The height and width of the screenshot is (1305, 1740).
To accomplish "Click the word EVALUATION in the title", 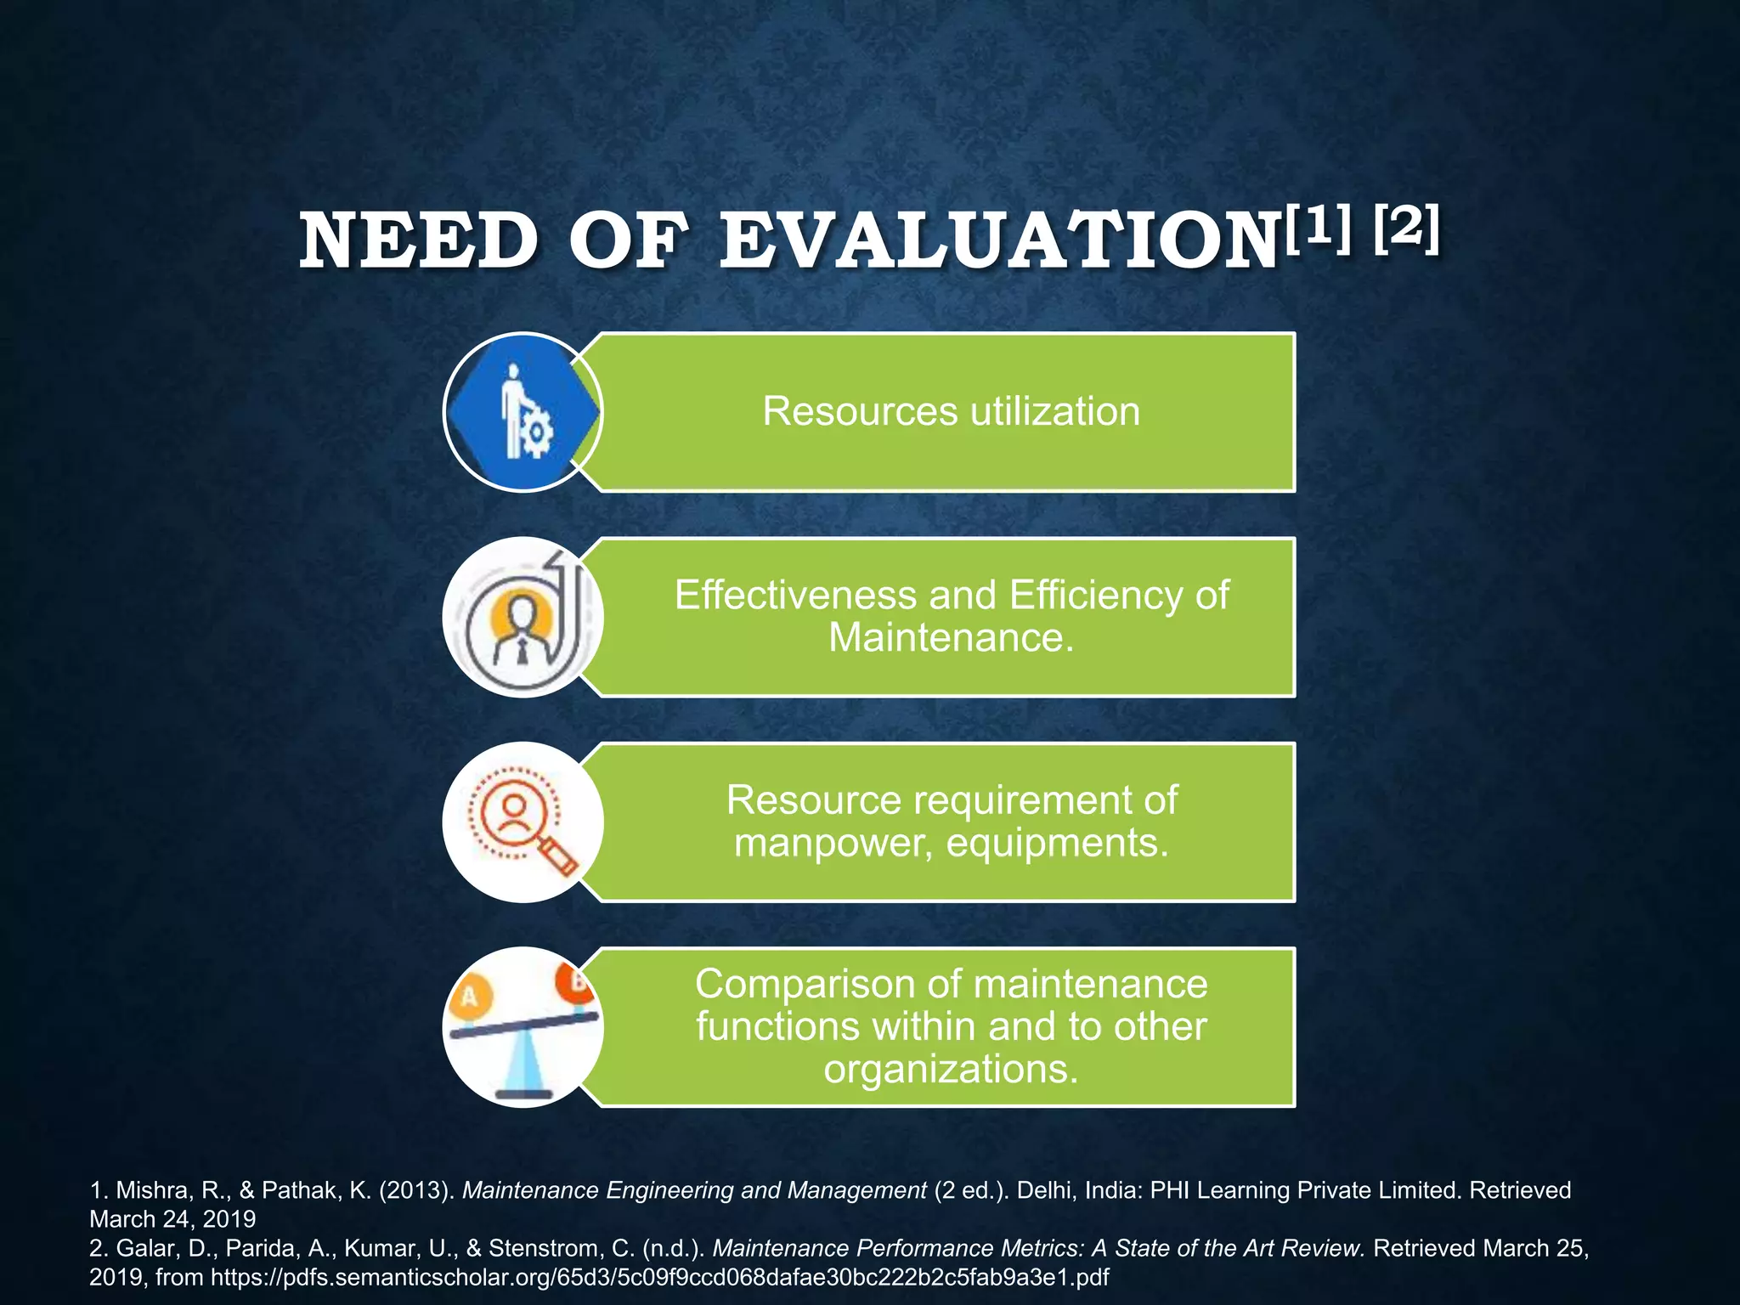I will pyautogui.click(x=999, y=242).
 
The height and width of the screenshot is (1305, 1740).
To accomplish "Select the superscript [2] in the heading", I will pyautogui.click(x=1406, y=229).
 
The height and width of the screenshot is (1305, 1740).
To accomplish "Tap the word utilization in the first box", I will pyautogui.click(x=1054, y=412).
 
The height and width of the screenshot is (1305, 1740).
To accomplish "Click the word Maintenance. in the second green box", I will pyautogui.click(x=952, y=637).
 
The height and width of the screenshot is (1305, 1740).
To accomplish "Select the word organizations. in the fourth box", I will pyautogui.click(x=952, y=1068).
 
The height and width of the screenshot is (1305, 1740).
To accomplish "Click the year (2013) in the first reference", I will pyautogui.click(x=415, y=1190).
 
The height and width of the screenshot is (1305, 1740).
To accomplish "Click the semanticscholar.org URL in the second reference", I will pyautogui.click(x=659, y=1277).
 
